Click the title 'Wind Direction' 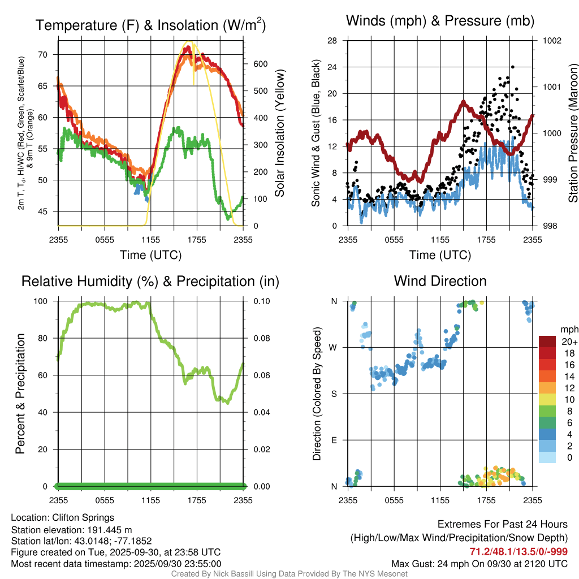(x=440, y=281)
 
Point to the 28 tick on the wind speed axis (x=332, y=41)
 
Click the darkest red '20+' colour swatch (x=547, y=342)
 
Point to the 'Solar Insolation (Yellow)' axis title (x=279, y=133)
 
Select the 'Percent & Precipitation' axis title (x=20, y=393)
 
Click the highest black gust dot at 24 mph (x=512, y=67)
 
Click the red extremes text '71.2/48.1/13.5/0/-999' (x=518, y=552)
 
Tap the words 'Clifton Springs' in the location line (x=83, y=517)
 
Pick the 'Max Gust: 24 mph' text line (x=479, y=564)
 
